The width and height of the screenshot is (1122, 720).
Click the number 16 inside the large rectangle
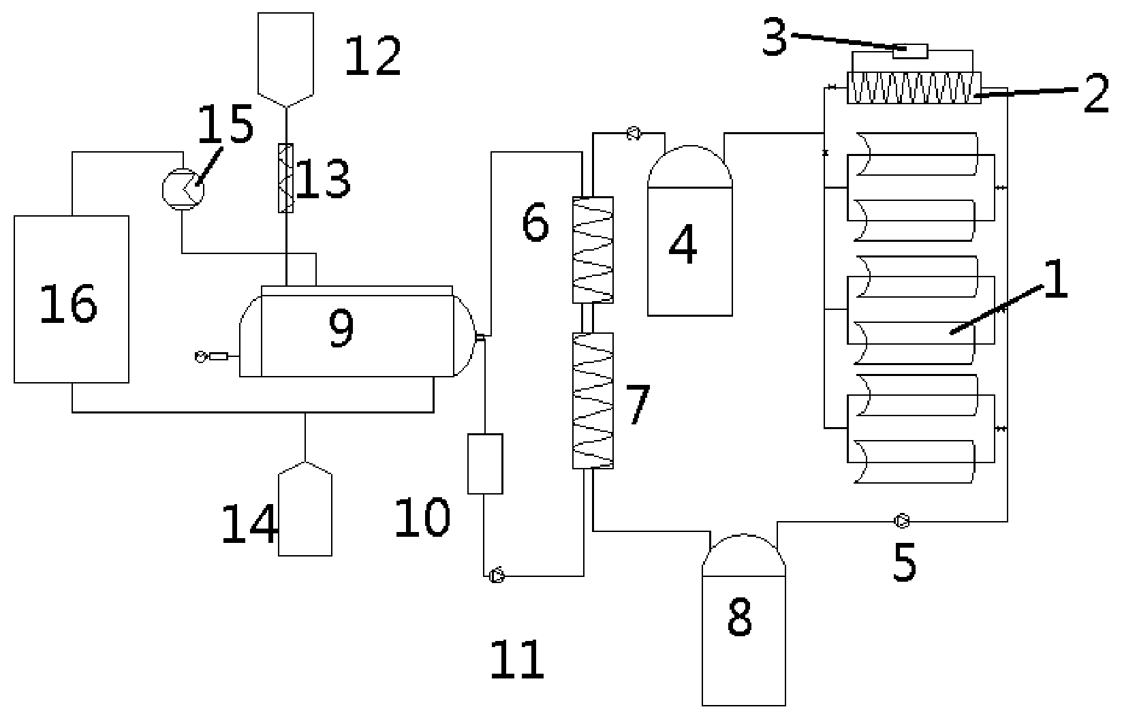point(68,304)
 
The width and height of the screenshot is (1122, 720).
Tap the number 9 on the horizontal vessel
point(341,327)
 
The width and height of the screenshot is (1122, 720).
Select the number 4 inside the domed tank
point(683,244)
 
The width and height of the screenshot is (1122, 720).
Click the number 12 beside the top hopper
point(373,56)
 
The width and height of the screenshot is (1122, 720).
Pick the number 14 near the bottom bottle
point(249,524)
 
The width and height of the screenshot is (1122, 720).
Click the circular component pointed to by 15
point(183,189)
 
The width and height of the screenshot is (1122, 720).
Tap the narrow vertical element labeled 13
point(285,178)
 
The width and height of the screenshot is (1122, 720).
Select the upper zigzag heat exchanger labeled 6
point(593,250)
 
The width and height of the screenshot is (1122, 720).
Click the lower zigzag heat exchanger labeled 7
point(593,401)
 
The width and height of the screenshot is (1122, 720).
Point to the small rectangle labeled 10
point(485,464)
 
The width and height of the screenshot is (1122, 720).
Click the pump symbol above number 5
point(901,521)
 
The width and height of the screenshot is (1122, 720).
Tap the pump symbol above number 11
point(497,576)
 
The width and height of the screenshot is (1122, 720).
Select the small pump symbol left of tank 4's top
point(634,134)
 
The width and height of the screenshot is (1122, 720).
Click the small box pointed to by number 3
point(910,51)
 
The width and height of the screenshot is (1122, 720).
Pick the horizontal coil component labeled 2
point(914,88)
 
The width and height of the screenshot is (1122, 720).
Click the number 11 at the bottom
point(517,659)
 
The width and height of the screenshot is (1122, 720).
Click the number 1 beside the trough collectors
point(1056,279)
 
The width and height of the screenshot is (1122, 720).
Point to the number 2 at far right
point(1096,93)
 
